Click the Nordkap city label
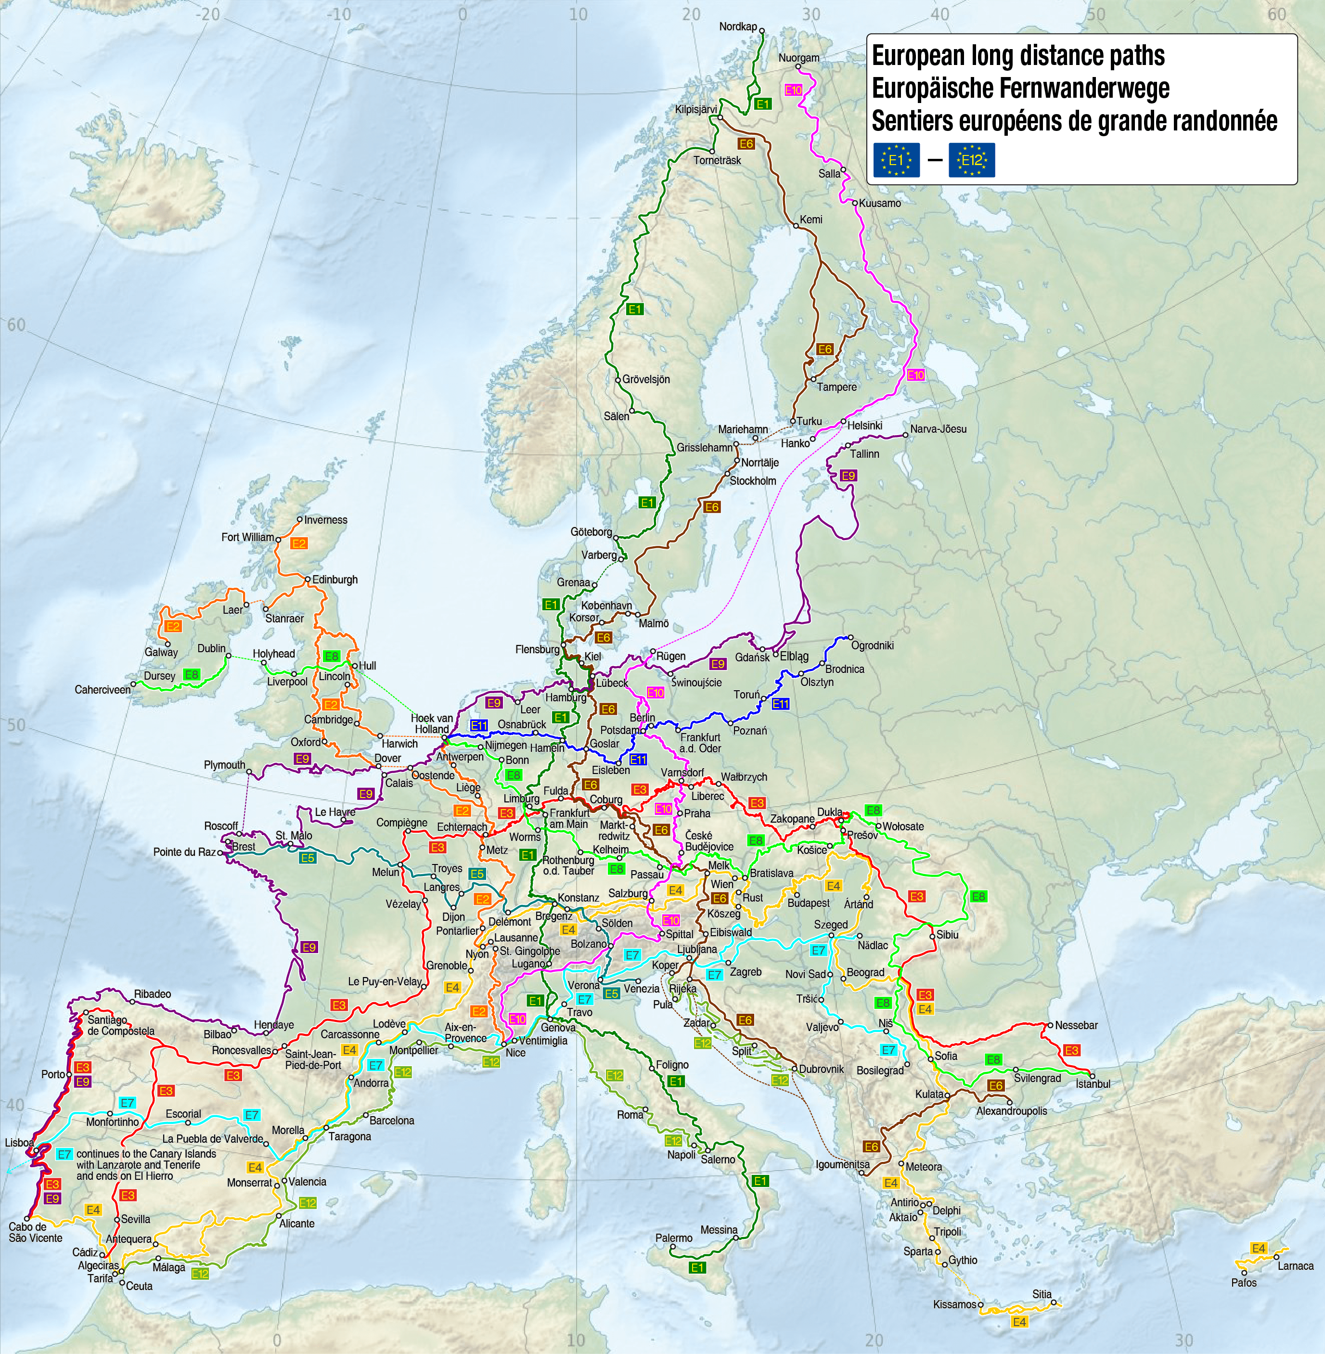(x=738, y=26)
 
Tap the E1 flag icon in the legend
(x=896, y=160)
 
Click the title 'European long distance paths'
(x=1018, y=56)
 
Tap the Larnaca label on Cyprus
(x=1295, y=1265)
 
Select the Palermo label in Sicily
(x=674, y=1238)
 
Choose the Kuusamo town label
(x=880, y=203)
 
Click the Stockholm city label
(x=752, y=481)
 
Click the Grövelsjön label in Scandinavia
(x=646, y=379)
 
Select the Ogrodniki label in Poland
(x=872, y=645)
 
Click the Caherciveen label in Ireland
(x=103, y=690)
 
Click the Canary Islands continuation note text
(x=146, y=1165)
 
